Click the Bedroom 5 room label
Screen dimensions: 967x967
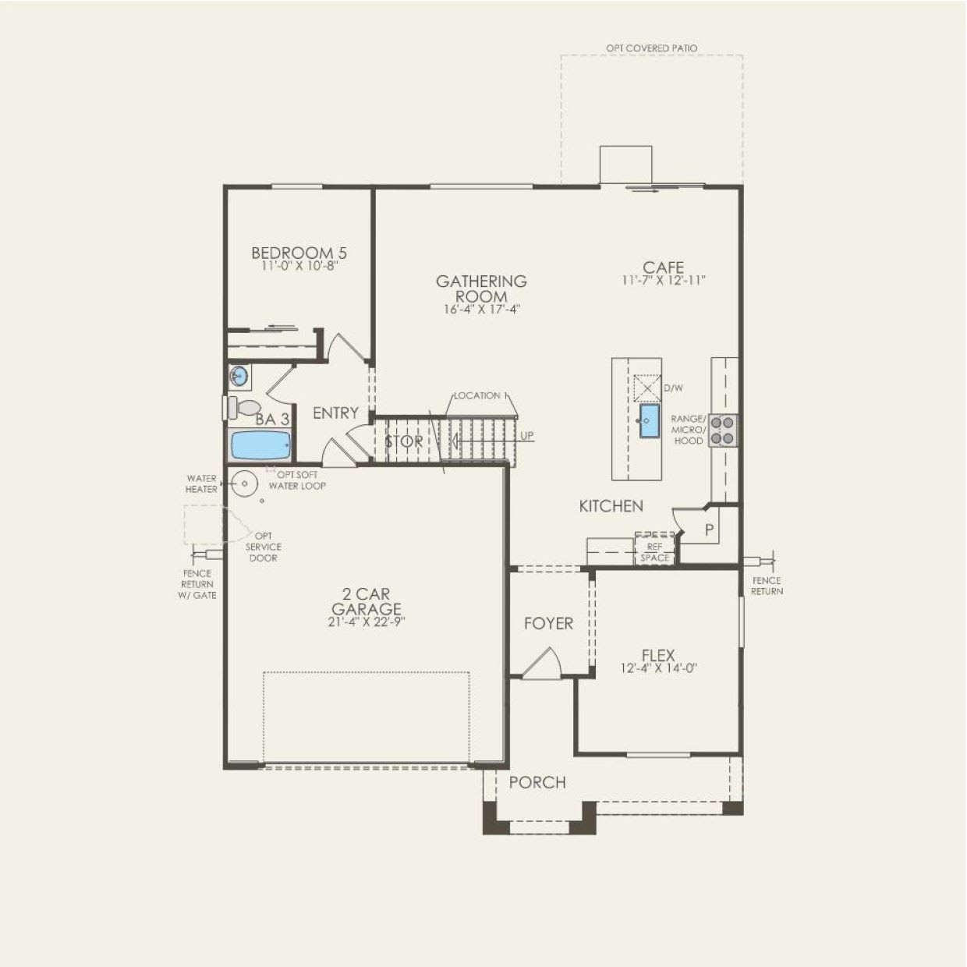click(299, 253)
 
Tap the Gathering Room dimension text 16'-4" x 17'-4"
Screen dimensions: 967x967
click(481, 310)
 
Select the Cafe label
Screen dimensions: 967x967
click(663, 267)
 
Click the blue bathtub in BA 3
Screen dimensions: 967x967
click(261, 446)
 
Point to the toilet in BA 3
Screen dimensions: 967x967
click(244, 407)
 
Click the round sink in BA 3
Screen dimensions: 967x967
click(239, 377)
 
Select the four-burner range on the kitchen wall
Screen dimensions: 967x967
click(724, 430)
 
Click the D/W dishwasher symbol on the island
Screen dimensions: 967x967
click(647, 388)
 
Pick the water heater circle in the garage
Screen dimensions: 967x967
click(245, 484)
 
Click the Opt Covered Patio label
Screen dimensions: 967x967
click(651, 48)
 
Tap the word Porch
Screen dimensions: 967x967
click(537, 782)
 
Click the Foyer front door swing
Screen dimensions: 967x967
click(542, 666)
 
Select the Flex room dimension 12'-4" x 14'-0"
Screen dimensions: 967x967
click(658, 668)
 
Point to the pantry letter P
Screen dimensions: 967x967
click(710, 530)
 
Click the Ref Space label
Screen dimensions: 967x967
click(654, 553)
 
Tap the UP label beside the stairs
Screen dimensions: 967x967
click(527, 436)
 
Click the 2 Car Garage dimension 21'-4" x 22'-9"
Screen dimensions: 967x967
click(366, 622)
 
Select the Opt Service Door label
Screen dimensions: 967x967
click(263, 547)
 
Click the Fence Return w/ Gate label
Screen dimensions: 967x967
click(197, 584)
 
